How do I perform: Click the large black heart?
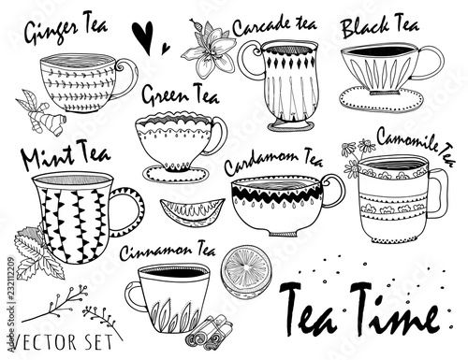(142, 36)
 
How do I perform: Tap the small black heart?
(165, 49)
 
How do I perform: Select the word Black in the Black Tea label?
(366, 28)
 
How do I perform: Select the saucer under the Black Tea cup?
(381, 99)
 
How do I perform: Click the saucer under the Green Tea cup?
(175, 174)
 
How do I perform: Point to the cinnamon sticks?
(210, 330)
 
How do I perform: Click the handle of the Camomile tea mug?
(438, 194)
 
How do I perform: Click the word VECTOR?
(45, 342)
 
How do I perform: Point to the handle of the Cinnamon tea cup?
(134, 296)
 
